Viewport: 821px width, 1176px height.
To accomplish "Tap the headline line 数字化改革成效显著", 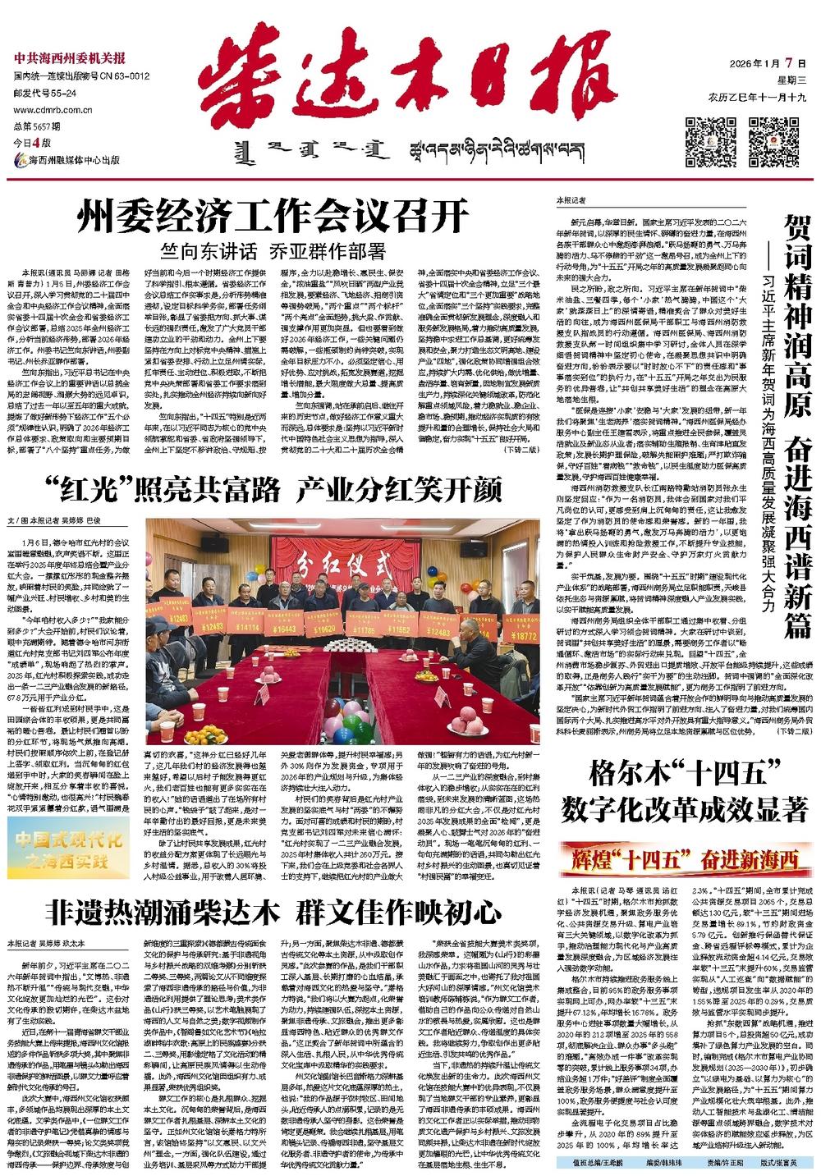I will (685, 811).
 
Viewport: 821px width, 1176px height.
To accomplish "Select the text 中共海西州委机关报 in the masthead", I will (69, 58).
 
